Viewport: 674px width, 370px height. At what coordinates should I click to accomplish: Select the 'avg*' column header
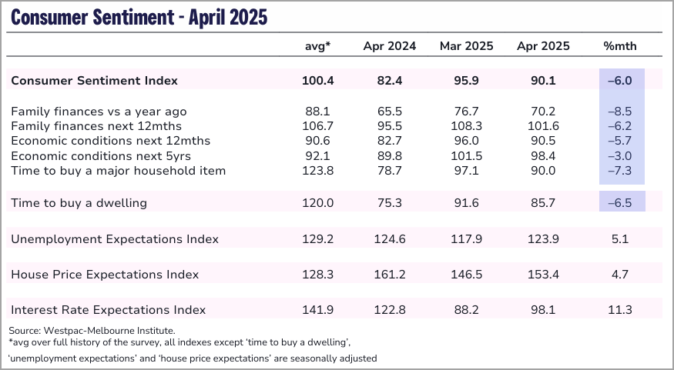[x=318, y=46]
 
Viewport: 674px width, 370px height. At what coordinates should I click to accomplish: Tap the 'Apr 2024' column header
[x=390, y=46]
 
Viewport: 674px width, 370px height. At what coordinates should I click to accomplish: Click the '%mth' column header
[x=621, y=46]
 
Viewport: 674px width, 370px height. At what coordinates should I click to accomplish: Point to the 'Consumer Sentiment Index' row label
[x=94, y=81]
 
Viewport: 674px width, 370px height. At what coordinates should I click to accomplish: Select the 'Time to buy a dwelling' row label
[x=79, y=203]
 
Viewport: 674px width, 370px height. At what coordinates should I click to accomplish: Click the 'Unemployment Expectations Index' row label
[x=115, y=239]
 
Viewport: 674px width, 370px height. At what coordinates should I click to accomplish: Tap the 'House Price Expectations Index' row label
[x=105, y=275]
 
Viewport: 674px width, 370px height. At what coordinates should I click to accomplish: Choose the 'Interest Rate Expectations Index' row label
[x=109, y=310]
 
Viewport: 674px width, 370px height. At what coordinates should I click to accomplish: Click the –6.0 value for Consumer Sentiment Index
[x=621, y=81]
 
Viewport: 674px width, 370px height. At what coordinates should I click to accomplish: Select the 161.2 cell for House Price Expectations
[x=390, y=275]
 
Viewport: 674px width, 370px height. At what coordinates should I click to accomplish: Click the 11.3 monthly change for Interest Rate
[x=621, y=310]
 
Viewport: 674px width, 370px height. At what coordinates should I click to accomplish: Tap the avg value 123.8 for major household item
[x=318, y=170]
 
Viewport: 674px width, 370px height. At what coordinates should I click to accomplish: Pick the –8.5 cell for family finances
[x=621, y=112]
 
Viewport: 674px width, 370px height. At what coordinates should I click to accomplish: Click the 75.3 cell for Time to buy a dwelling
[x=390, y=203]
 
